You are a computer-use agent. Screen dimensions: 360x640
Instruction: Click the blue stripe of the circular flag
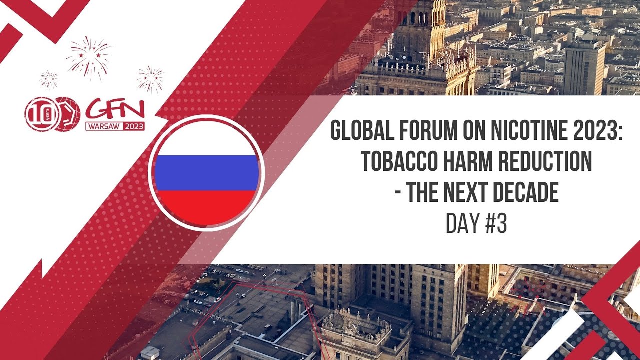206,173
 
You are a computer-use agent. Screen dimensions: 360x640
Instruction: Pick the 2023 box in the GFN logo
133,126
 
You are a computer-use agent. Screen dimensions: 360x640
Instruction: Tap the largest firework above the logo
89,56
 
